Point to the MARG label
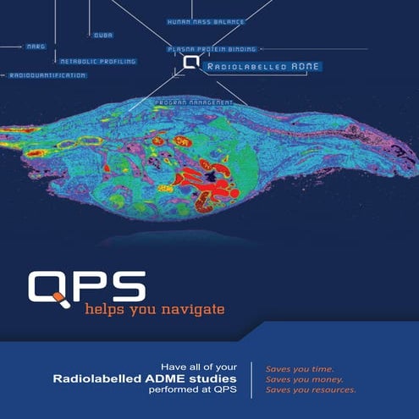(x=36, y=47)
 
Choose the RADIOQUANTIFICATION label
(x=47, y=75)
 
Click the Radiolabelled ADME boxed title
(x=251, y=64)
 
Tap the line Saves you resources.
(x=310, y=390)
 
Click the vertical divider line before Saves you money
(x=251, y=379)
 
